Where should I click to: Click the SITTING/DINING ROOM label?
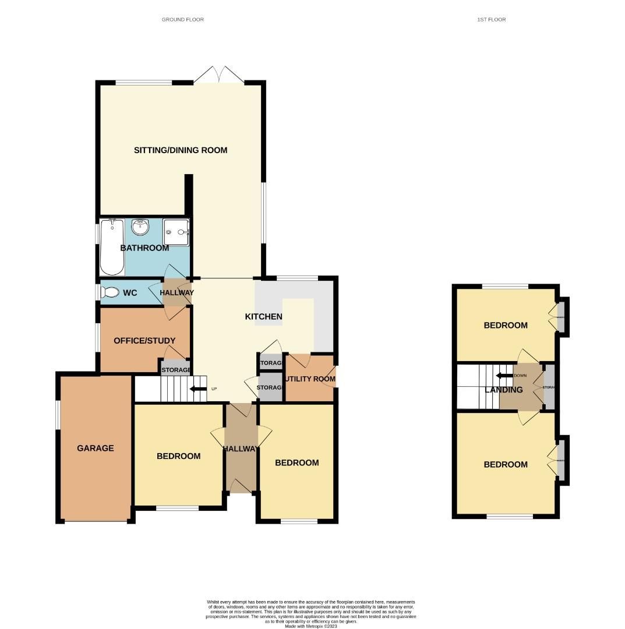tap(181, 150)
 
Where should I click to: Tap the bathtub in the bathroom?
tap(112, 247)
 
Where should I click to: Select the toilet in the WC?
tap(110, 293)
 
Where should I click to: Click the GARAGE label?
tap(96, 448)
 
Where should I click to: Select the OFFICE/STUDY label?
tap(144, 341)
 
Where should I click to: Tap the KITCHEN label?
tap(263, 317)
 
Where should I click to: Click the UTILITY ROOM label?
tap(310, 379)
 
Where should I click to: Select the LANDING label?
tap(504, 390)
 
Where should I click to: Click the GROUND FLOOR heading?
tap(183, 20)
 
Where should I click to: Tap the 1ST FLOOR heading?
tap(491, 20)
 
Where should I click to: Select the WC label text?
tap(130, 293)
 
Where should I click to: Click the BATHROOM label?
tap(144, 248)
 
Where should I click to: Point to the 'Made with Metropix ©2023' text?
tap(311, 626)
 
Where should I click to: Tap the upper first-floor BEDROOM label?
tap(506, 326)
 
